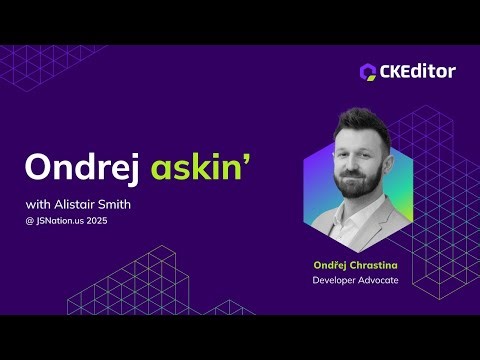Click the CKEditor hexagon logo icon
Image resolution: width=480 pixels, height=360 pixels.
tap(368, 71)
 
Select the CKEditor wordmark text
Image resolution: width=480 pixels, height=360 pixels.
tap(418, 71)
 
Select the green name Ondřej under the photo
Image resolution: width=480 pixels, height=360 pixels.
tap(331, 266)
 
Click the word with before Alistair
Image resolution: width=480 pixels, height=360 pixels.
tap(37, 205)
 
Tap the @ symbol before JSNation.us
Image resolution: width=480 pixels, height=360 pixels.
tap(29, 220)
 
